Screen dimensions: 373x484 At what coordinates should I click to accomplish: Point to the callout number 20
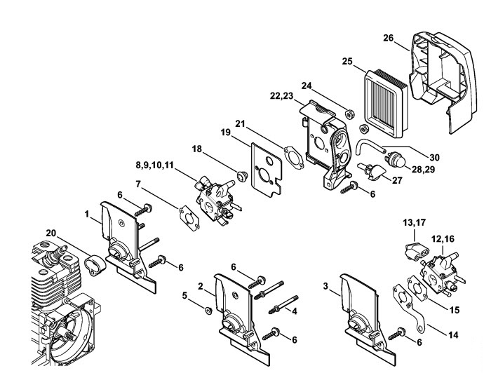pyautogui.click(x=51, y=233)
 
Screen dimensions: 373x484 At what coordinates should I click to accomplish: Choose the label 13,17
pyautogui.click(x=414, y=223)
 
